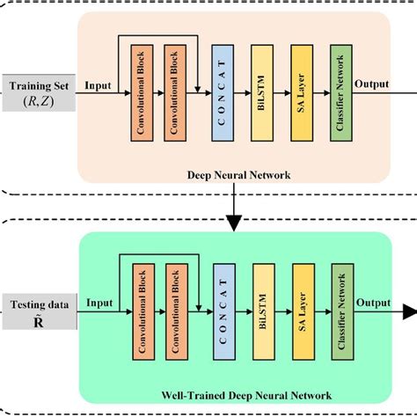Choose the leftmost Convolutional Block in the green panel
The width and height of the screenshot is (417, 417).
point(140,315)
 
